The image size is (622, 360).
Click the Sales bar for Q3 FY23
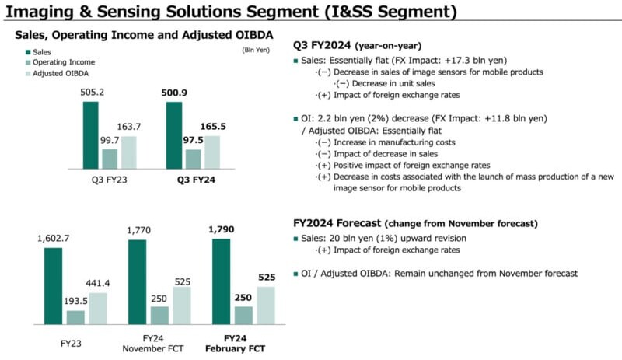tap(91, 135)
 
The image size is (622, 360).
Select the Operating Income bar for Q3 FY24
tap(193, 159)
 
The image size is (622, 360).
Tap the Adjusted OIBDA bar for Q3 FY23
tap(128, 152)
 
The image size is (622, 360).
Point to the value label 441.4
tap(97, 285)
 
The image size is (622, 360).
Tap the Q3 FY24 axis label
tap(194, 180)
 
